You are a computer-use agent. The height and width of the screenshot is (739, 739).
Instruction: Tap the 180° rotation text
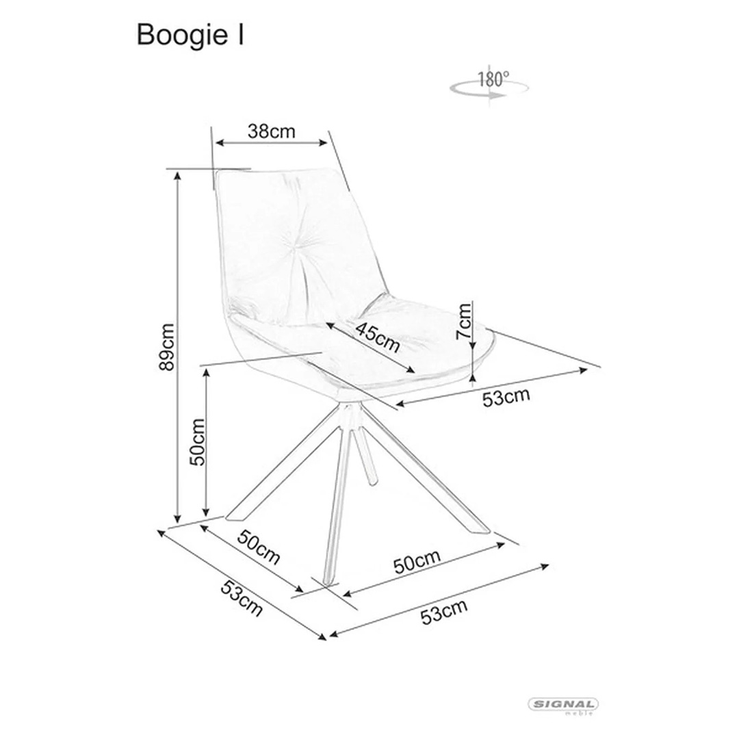pos(494,79)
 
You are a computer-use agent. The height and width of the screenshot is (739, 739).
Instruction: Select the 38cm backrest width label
pos(272,131)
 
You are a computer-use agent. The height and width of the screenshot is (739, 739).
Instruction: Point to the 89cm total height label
pos(167,347)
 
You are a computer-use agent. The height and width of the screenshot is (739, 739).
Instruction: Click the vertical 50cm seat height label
pos(198,442)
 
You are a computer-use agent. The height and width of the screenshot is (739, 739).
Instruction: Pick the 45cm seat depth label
pos(378,337)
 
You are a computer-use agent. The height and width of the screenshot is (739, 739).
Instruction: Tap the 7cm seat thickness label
pos(464,322)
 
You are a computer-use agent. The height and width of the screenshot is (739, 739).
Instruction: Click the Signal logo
pos(562,705)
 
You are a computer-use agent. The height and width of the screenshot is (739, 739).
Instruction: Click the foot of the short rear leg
pos(372,481)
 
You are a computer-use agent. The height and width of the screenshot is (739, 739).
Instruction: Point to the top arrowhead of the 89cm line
pos(177,176)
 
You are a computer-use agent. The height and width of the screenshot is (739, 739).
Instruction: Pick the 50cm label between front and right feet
pos(417,561)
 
